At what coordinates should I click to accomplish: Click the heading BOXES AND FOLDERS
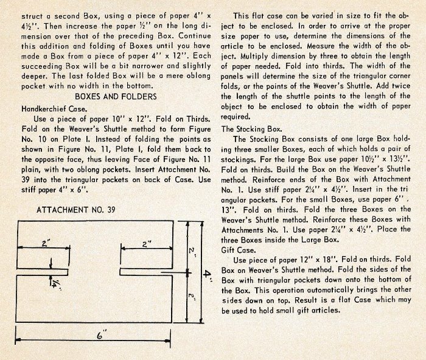(x=116, y=96)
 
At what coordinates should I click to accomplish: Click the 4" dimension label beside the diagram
(x=208, y=275)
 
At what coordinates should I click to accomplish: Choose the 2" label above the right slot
(x=144, y=243)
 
